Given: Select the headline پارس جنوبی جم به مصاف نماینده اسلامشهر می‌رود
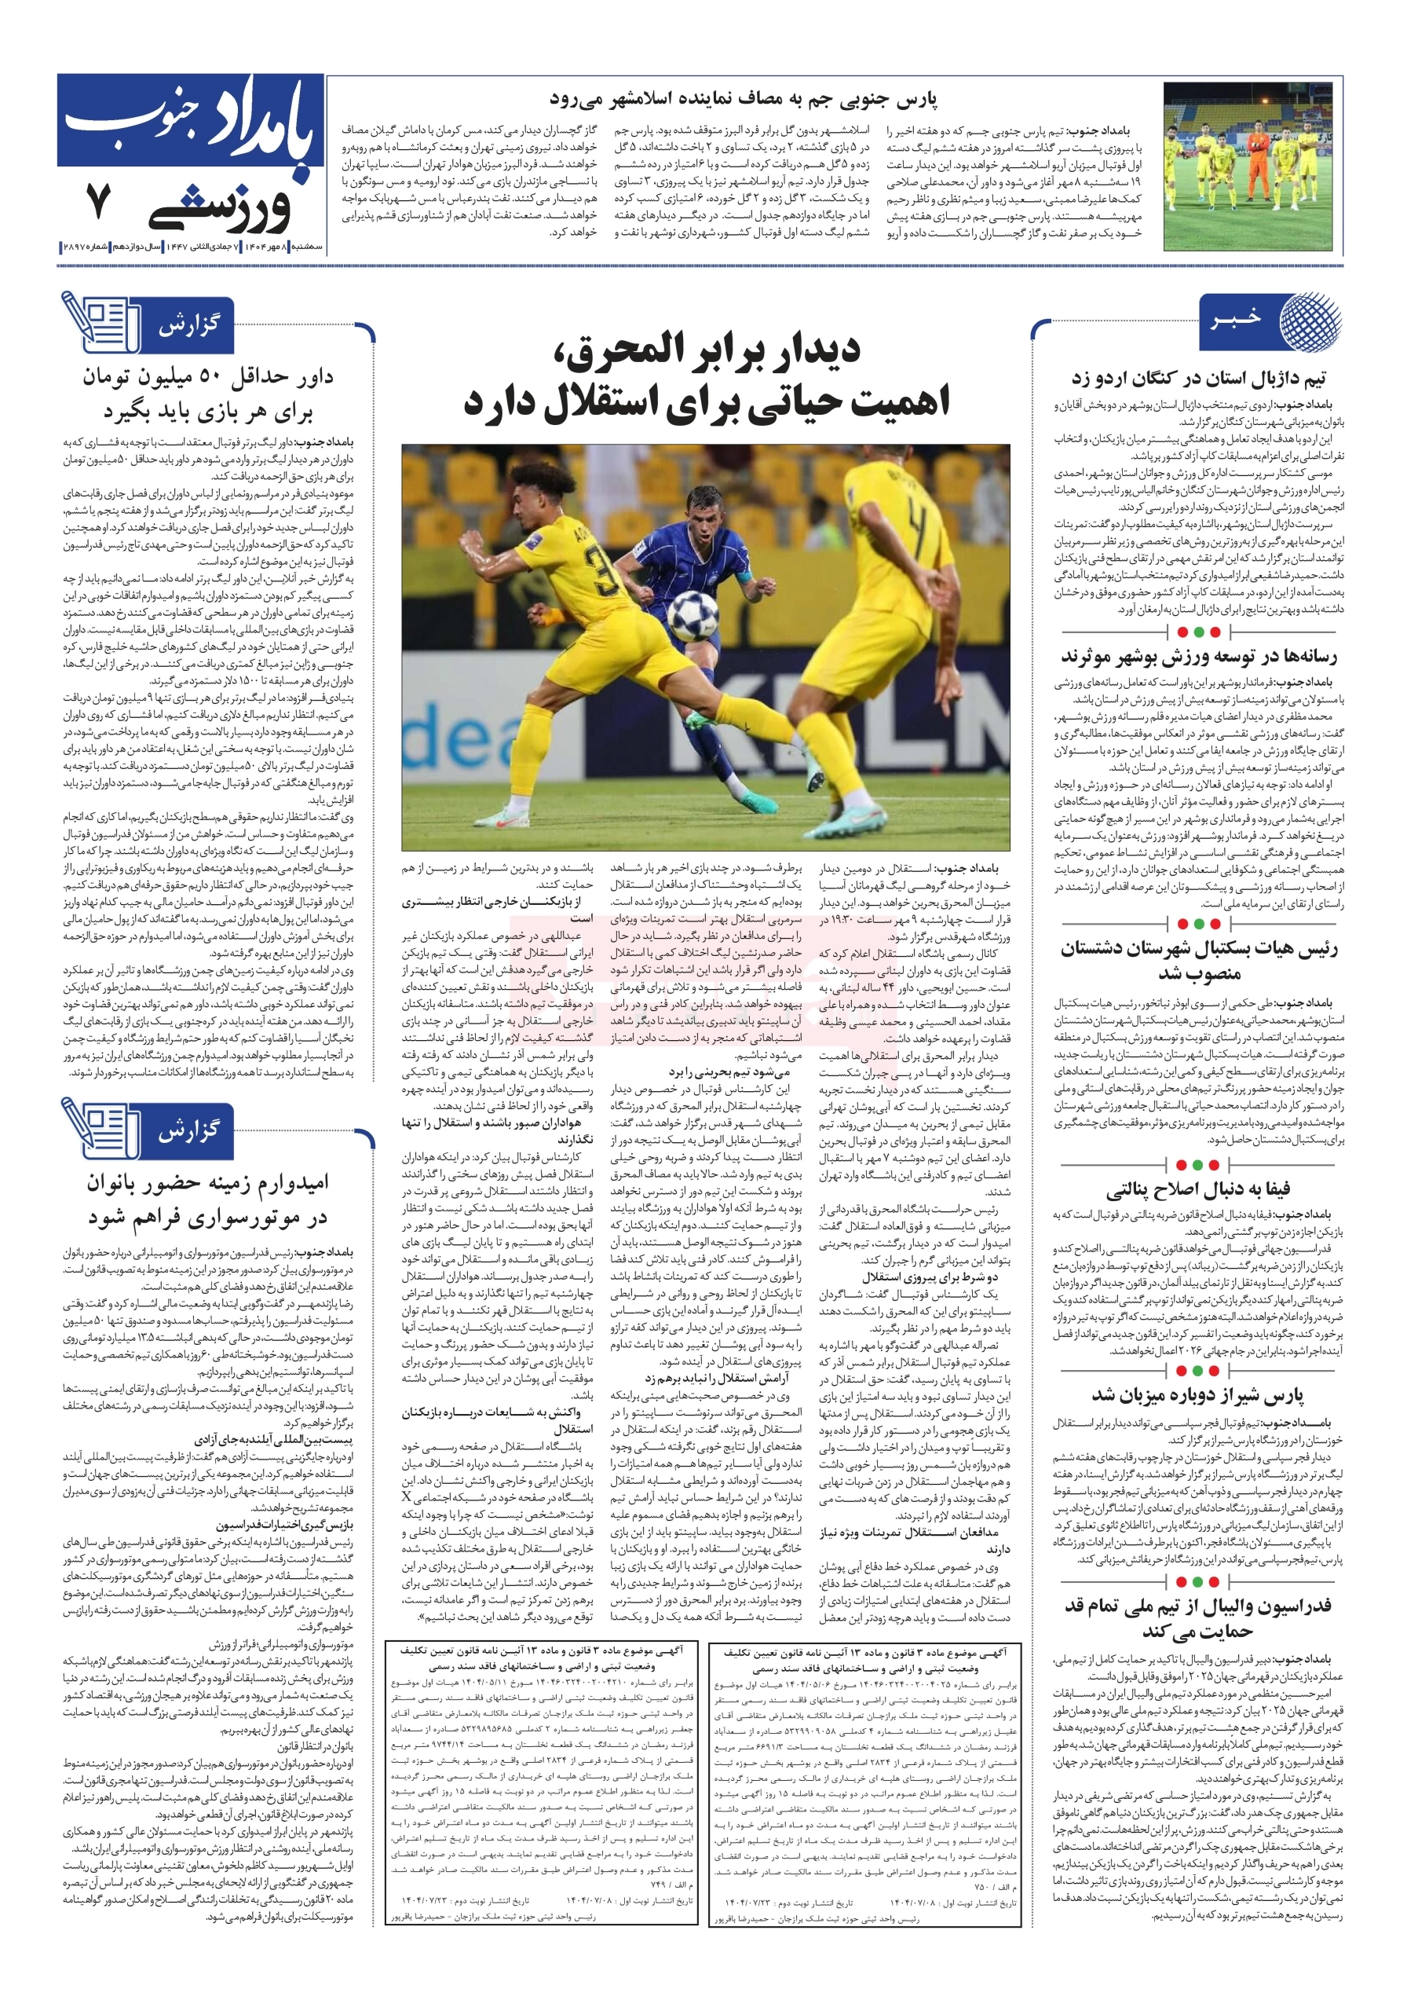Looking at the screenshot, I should pos(743,99).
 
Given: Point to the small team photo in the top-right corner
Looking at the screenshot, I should pos(1252,167).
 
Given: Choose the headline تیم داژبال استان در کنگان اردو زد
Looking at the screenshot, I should pos(1199,379).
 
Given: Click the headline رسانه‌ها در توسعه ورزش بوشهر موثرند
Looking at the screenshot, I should pos(1199,656).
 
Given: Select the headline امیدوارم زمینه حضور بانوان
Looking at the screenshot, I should pos(207,1183).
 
